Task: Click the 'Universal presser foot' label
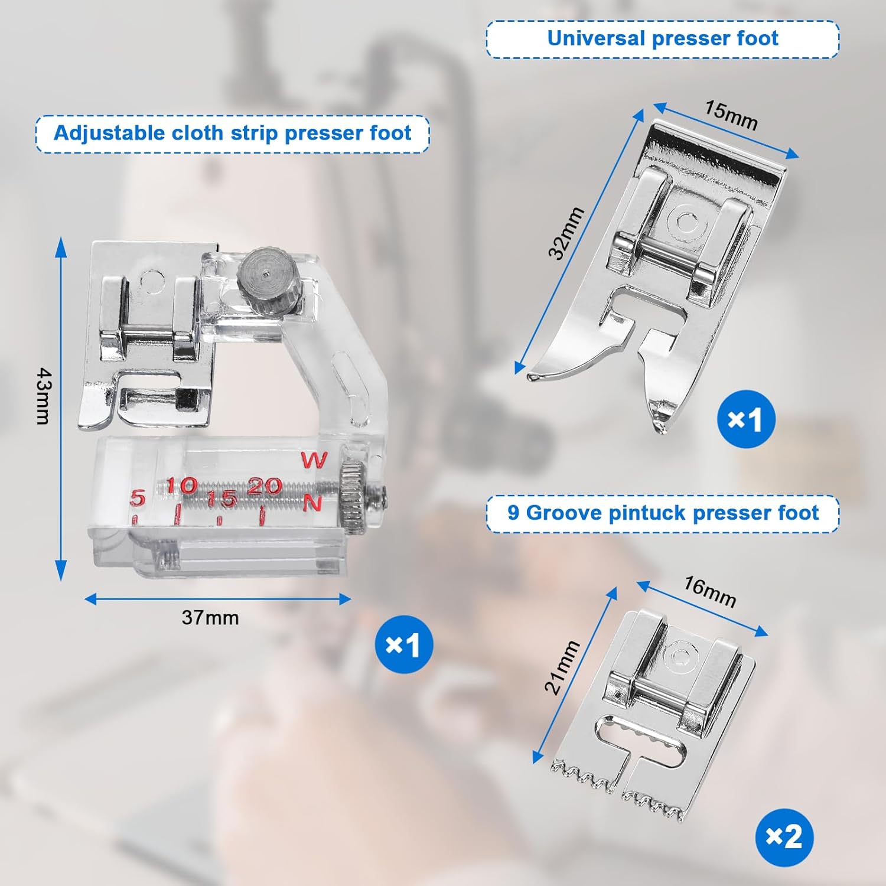(x=662, y=39)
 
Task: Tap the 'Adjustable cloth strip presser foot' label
(x=232, y=133)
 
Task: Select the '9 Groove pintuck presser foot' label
(x=663, y=513)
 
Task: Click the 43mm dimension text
(x=44, y=396)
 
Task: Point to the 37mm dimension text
(x=210, y=618)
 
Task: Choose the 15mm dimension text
(x=731, y=115)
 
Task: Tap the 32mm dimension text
(x=566, y=233)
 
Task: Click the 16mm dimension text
(x=710, y=592)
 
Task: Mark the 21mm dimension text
(x=562, y=667)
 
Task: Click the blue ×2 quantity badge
(x=784, y=837)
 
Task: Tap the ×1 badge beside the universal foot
(x=745, y=419)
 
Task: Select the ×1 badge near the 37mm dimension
(x=403, y=644)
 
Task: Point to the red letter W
(x=314, y=460)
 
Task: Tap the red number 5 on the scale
(x=137, y=498)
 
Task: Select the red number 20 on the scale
(x=263, y=486)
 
